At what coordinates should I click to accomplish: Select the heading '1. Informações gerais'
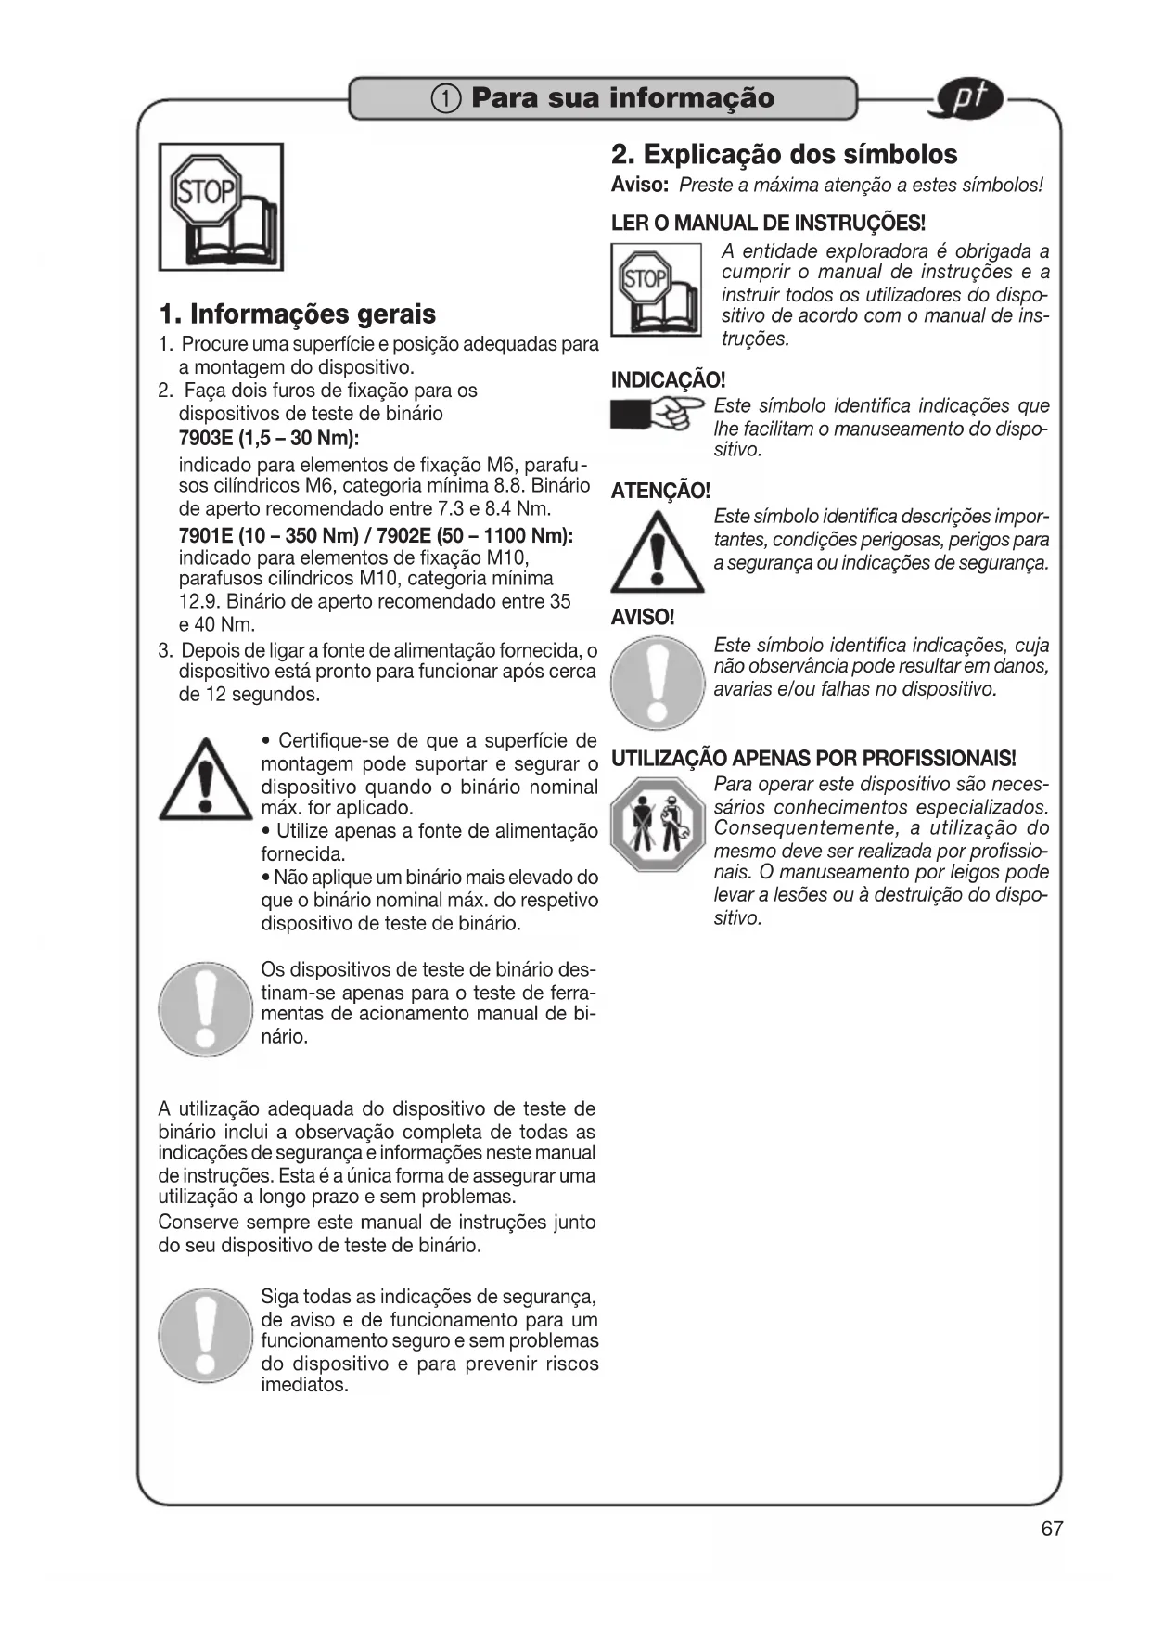point(297,314)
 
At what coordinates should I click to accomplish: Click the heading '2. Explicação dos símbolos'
point(784,154)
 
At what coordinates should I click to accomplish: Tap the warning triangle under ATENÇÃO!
point(658,552)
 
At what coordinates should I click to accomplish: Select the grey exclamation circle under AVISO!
point(658,682)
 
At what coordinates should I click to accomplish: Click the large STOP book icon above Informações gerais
point(221,207)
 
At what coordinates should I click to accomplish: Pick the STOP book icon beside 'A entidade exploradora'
point(656,288)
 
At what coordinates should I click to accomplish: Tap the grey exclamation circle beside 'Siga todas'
point(205,1336)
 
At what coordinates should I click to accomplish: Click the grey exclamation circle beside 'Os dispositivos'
point(205,1009)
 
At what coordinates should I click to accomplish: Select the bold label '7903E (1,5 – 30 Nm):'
point(268,438)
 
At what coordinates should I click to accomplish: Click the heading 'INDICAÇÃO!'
point(668,379)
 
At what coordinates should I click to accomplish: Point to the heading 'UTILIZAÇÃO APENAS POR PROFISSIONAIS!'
point(813,759)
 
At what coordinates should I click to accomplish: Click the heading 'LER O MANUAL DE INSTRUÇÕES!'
point(769,224)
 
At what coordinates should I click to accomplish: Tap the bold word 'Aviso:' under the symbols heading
point(640,185)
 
